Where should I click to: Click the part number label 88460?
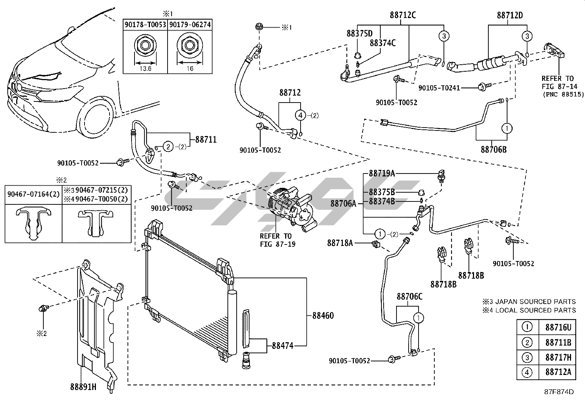point(323,316)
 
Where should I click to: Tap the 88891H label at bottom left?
point(83,387)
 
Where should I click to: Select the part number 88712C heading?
point(403,15)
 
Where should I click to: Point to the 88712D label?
point(510,15)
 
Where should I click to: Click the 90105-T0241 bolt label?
point(439,88)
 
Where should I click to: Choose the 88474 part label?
point(283,346)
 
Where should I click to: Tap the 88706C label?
point(409,296)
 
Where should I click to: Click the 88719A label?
point(382,173)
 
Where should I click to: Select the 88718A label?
point(340,243)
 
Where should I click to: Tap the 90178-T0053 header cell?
point(145,25)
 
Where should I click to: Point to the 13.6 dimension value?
point(146,68)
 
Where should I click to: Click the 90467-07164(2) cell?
point(33,194)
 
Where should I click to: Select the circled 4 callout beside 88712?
point(300,115)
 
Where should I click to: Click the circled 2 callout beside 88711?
point(168,147)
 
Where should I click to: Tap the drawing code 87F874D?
point(559,392)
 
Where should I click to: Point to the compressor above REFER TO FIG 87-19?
point(292,209)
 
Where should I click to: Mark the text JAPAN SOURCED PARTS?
point(535,301)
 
